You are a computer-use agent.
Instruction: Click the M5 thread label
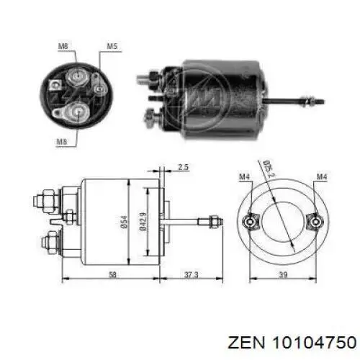112,46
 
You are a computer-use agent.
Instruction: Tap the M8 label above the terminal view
63,46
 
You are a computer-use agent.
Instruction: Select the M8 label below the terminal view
62,142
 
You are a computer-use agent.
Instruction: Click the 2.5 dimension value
184,167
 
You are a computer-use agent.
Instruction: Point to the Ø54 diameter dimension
125,222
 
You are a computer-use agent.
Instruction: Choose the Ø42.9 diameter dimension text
143,221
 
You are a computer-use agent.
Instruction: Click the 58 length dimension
112,274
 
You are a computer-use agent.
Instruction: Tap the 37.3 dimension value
192,274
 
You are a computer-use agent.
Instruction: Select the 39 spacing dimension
284,274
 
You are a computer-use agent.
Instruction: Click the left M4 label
245,177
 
